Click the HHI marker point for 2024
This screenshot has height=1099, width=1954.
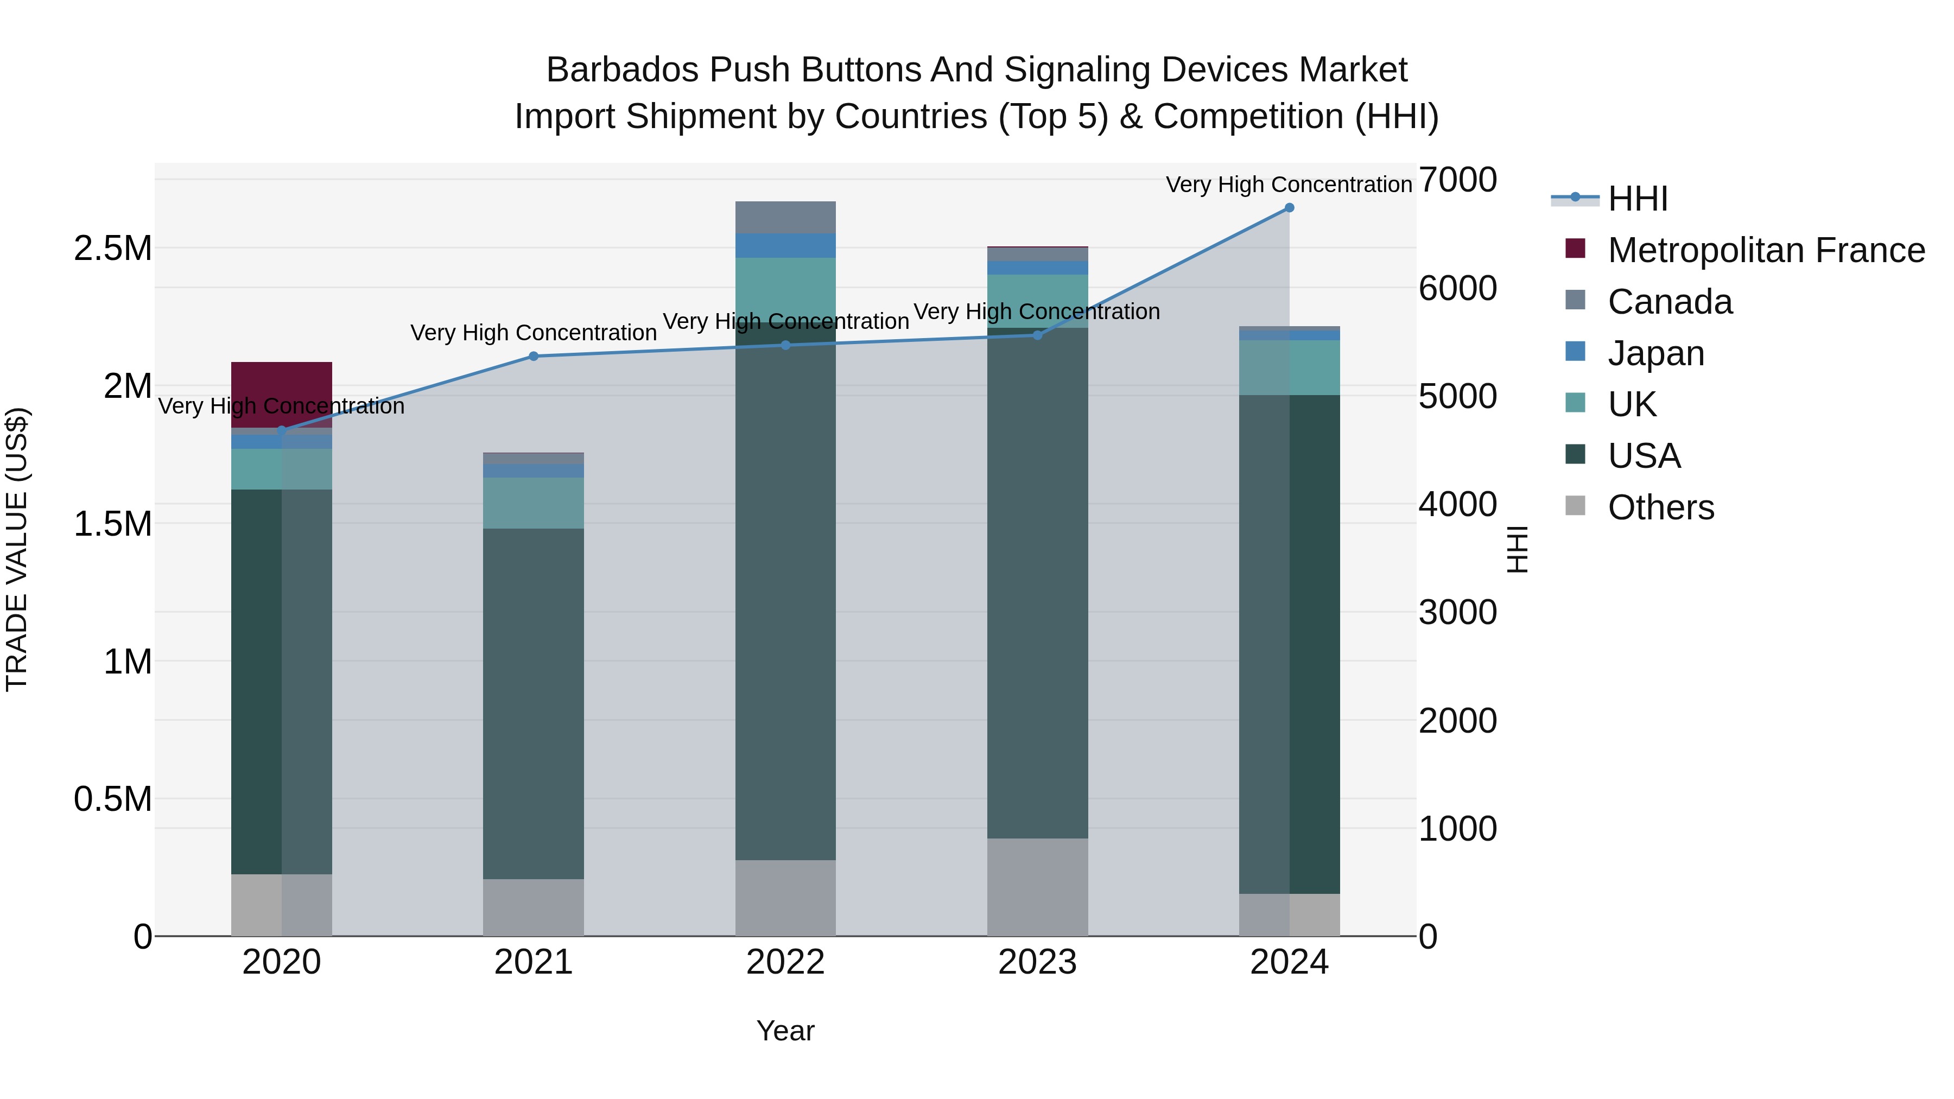point(1289,208)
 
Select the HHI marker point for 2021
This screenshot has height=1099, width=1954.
point(533,357)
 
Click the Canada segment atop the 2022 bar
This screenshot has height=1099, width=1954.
point(785,218)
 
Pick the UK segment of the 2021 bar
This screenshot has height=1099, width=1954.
point(533,503)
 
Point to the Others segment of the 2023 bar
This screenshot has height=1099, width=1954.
point(1037,887)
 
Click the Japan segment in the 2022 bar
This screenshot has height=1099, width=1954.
point(785,246)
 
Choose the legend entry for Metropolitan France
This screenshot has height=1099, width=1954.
point(1765,250)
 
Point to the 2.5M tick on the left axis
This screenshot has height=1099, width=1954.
point(112,249)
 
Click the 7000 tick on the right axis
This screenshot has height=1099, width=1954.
point(1457,181)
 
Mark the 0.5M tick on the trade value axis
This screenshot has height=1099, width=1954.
point(112,799)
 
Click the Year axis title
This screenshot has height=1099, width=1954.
point(785,1031)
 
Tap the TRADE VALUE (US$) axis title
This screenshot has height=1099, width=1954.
point(17,549)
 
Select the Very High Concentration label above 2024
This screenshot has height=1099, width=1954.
point(1288,185)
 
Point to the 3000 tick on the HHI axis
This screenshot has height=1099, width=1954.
point(1457,613)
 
